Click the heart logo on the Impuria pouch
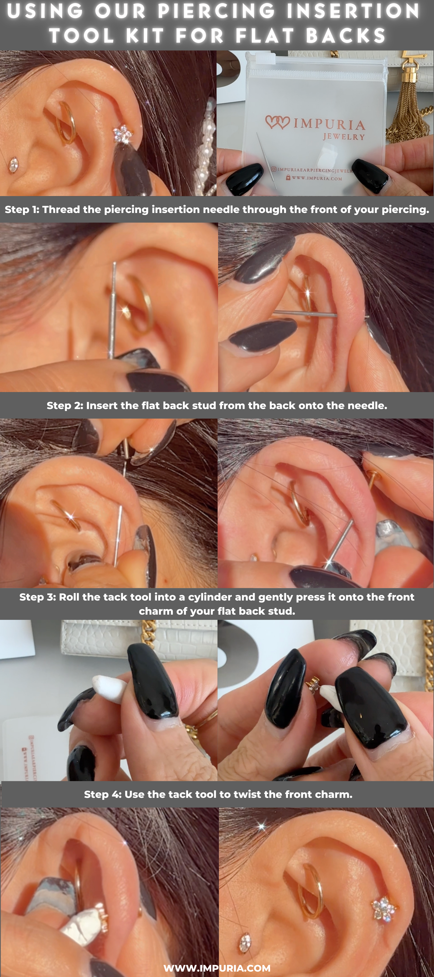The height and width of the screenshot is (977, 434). [278, 122]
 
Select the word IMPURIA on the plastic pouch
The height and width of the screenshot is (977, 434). [329, 124]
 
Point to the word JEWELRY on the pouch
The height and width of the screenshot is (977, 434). [344, 137]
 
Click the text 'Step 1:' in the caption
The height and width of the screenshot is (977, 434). [22, 209]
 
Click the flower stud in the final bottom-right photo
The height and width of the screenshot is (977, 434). [384, 909]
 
